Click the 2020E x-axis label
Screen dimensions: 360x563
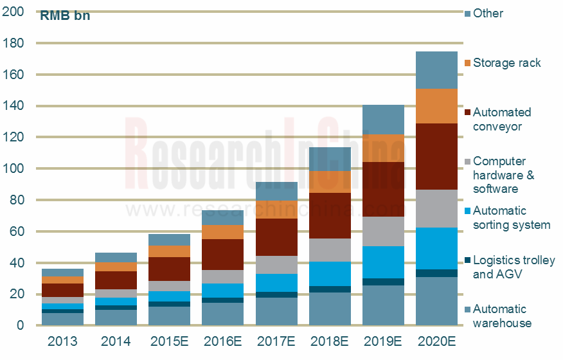tap(436, 341)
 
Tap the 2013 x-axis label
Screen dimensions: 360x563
tap(62, 341)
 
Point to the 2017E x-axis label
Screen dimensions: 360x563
tap(276, 341)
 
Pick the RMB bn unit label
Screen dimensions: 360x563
tap(65, 16)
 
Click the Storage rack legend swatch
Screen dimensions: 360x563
tap(467, 63)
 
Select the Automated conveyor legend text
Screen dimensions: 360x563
tap(502, 120)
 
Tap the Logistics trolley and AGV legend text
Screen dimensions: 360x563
tap(514, 267)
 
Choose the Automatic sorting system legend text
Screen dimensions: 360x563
tap(512, 218)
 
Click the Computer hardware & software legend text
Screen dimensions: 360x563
tap(504, 175)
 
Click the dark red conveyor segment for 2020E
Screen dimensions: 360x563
tap(436, 156)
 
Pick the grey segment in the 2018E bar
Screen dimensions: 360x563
tap(330, 250)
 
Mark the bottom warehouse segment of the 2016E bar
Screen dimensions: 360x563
tap(222, 314)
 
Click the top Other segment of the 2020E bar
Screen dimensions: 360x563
tap(436, 70)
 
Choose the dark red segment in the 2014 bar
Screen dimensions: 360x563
tap(116, 280)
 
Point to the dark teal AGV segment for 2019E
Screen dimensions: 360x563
tap(383, 282)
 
